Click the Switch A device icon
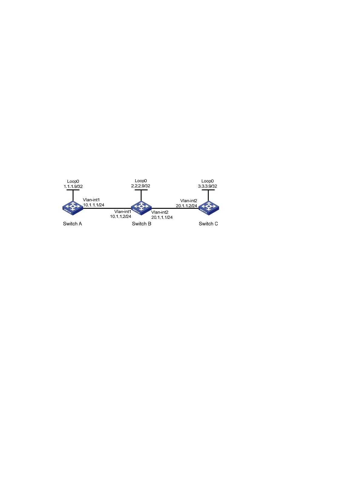(73, 208)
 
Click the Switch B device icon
(141, 208)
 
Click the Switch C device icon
(208, 208)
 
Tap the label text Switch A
(72, 224)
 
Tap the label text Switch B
(141, 224)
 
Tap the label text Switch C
(208, 224)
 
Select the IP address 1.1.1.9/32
(73, 186)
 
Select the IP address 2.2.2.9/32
(141, 186)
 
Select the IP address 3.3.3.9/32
(208, 186)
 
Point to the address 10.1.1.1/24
(94, 205)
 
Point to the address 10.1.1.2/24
(120, 216)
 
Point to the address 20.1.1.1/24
(162, 217)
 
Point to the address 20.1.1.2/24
(186, 206)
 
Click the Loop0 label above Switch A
(73, 182)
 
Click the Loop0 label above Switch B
(141, 181)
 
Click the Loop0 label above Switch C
(208, 181)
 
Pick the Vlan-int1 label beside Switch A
(91, 200)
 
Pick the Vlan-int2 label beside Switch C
(188, 201)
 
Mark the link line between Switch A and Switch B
(106, 208)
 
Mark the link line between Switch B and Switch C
(174, 208)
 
